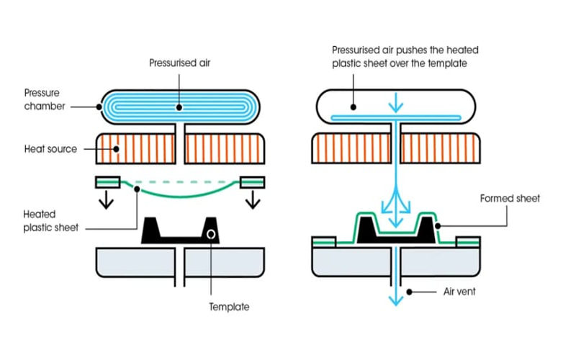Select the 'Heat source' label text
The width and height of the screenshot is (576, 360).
pyautogui.click(x=50, y=149)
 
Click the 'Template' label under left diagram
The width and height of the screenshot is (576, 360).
pyautogui.click(x=229, y=307)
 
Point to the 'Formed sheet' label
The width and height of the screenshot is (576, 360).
pyautogui.click(x=510, y=198)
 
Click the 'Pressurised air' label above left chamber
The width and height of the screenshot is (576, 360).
pyautogui.click(x=179, y=63)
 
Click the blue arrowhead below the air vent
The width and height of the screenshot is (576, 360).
pyautogui.click(x=395, y=298)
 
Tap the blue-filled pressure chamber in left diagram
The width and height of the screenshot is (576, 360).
pyautogui.click(x=180, y=107)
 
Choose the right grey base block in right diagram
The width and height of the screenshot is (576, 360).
pyautogui.click(x=439, y=263)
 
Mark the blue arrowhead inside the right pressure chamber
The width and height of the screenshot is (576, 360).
pyautogui.click(x=395, y=108)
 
